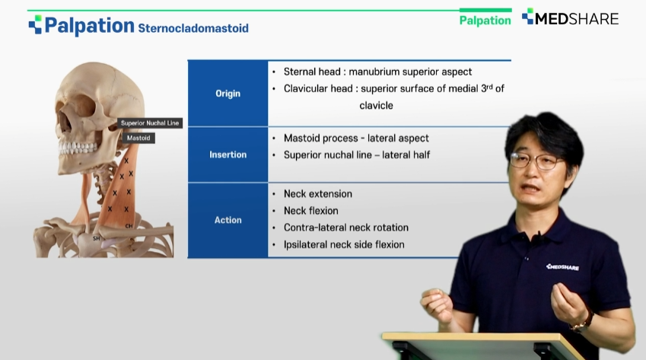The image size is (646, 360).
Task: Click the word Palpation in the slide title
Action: coord(89,26)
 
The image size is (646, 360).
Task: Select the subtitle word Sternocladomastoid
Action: coord(193,28)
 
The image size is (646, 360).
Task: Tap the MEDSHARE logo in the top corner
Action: coord(570,18)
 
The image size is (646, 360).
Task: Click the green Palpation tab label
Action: coord(485,21)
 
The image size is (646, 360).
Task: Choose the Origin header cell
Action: coord(228,94)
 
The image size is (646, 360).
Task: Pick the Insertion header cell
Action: coord(228,155)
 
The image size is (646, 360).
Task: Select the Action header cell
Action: coord(228,220)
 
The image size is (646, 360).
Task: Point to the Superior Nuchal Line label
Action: coord(150,123)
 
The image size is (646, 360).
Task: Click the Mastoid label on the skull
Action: coord(138,138)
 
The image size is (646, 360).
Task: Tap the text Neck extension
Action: coord(317,193)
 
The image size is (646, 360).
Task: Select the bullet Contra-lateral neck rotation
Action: coord(346,228)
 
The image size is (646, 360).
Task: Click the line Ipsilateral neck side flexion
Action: coord(344,244)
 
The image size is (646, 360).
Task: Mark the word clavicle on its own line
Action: coord(376,106)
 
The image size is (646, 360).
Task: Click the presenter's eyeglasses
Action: coord(537,161)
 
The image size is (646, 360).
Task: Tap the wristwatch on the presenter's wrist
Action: coord(583,322)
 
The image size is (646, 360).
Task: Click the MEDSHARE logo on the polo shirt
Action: coord(562,267)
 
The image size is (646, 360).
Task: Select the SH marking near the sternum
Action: coord(97,238)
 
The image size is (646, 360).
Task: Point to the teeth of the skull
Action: coord(78,148)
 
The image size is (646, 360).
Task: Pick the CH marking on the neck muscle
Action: coord(129,226)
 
